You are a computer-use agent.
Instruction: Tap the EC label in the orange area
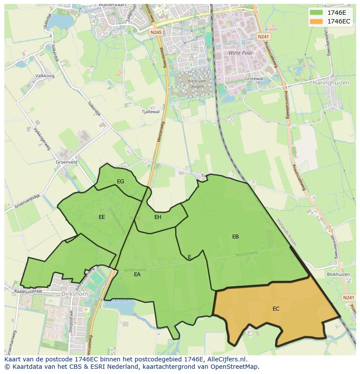pyautogui.click(x=276, y=309)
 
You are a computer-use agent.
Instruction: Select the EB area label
pyautogui.click(x=235, y=237)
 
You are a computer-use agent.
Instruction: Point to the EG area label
pyautogui.click(x=120, y=182)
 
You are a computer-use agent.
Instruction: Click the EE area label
pyautogui.click(x=102, y=217)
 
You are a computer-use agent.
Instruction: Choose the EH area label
pyautogui.click(x=158, y=217)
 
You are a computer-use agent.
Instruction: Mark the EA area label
pyautogui.click(x=137, y=275)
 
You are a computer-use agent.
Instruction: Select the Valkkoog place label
pyautogui.click(x=45, y=76)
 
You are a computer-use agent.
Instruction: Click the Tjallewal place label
pyautogui.click(x=150, y=112)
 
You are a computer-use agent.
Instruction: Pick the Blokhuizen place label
pyautogui.click(x=338, y=275)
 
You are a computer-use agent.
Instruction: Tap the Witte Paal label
pyautogui.click(x=240, y=53)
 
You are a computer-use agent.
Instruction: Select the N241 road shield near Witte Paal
pyautogui.click(x=263, y=37)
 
